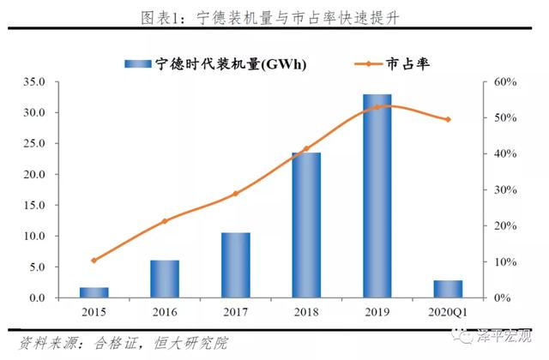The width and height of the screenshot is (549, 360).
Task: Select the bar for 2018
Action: (x=306, y=225)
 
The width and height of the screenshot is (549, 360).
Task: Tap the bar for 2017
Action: (x=235, y=265)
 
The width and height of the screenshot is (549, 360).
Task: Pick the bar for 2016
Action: (x=165, y=279)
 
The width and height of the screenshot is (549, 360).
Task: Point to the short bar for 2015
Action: (x=94, y=292)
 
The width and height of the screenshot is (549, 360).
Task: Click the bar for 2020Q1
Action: (x=449, y=289)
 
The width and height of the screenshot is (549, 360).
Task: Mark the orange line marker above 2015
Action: (x=94, y=260)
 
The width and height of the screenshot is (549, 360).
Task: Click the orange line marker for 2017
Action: (x=235, y=194)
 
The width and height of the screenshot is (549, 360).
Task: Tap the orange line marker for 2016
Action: (x=165, y=221)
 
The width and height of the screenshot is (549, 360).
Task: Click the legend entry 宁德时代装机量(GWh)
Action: (x=215, y=63)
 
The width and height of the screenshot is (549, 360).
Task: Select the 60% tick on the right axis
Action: (x=504, y=82)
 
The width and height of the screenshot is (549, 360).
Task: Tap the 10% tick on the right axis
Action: (x=504, y=262)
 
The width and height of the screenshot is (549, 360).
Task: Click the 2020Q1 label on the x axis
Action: (x=449, y=313)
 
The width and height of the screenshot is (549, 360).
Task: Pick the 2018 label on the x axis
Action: (x=306, y=313)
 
